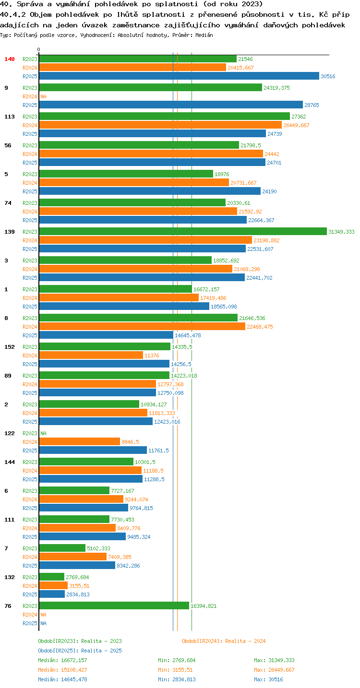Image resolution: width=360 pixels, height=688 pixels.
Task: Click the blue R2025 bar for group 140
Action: tap(179, 76)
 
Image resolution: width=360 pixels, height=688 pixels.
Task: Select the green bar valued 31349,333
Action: tap(183, 232)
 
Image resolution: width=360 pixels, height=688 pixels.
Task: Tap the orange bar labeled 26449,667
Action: tap(160, 125)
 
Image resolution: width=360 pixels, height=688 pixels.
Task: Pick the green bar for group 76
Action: tap(114, 605)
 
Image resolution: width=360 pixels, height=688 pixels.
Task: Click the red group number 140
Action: tap(10, 59)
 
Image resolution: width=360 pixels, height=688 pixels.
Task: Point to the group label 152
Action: tap(10, 347)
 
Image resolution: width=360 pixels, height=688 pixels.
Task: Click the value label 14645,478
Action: tap(188, 335)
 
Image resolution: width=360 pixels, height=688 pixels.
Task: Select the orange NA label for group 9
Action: tap(43, 96)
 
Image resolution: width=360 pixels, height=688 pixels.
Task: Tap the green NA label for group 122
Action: tap(43, 433)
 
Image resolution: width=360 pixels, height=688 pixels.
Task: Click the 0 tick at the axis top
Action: tap(38, 49)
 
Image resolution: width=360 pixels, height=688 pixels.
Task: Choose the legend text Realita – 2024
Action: tap(245, 641)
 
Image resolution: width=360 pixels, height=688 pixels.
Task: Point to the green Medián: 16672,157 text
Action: tap(63, 660)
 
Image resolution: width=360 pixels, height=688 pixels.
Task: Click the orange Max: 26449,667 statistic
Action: tap(274, 670)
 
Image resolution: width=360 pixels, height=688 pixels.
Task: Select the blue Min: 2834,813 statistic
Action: tap(177, 679)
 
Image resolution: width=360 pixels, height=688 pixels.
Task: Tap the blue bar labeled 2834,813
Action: tap(52, 594)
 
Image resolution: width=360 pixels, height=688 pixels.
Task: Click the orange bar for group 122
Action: tap(80, 442)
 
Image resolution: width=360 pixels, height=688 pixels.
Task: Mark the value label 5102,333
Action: tap(98, 548)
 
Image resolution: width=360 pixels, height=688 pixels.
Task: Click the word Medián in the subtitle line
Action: tap(204, 36)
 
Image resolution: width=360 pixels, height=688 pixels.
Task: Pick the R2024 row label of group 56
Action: tap(30, 154)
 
